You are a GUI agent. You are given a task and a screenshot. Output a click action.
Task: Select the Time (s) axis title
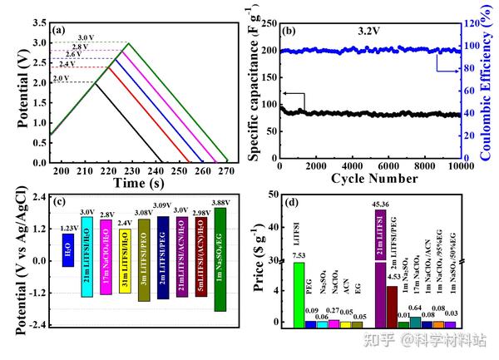point(139,182)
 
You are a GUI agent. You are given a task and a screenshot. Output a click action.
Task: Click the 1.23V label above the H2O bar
point(68,228)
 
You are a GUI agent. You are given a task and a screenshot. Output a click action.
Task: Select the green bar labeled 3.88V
point(220,259)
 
